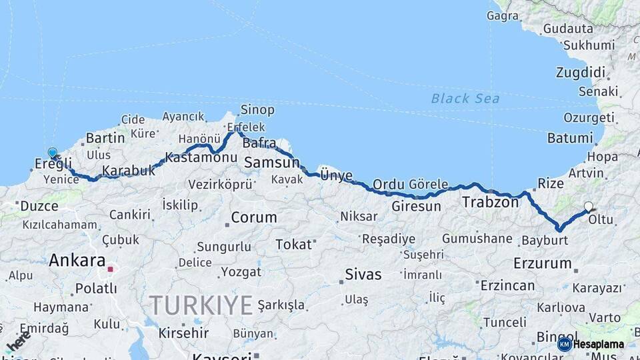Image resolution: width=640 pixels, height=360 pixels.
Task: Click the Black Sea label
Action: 465,99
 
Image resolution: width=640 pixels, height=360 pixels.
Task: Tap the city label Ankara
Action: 77,260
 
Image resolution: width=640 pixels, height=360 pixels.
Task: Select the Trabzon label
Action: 490,202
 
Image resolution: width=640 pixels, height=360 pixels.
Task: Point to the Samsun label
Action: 271,162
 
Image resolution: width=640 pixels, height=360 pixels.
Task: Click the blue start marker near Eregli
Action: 53,153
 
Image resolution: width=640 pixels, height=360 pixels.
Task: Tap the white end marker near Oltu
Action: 588,207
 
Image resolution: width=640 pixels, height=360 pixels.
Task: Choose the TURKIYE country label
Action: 201,305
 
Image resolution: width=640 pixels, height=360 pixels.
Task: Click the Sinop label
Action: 257,109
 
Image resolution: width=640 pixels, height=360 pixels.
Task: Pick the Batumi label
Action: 569,138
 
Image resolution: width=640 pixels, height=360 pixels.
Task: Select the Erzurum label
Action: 542,263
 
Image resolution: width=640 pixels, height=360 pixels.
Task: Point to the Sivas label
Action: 363,274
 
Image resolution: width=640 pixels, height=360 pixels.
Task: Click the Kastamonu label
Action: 201,158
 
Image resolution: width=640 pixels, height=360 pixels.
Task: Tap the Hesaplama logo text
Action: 599,345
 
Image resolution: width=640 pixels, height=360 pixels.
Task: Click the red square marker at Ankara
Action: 111,270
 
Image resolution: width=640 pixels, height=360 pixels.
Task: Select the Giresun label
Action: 416,206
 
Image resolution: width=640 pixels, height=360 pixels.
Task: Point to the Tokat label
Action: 293,244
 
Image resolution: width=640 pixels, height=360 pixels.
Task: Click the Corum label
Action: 254,217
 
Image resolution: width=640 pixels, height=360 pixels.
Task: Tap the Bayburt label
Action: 526,239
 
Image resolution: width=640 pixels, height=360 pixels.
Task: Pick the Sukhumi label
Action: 589,45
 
